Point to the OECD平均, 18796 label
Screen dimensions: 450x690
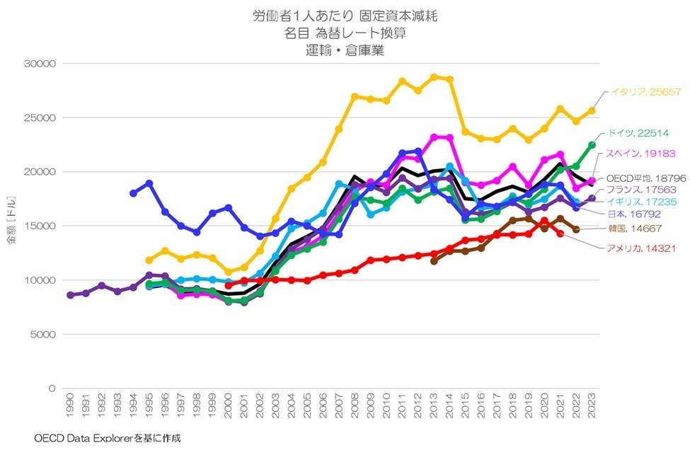[x=645, y=178]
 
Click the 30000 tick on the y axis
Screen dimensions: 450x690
[x=40, y=64]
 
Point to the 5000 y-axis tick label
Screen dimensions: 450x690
[x=43, y=334]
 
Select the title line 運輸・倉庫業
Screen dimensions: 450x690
[x=345, y=50]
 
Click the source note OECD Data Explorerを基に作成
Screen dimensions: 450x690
[x=107, y=438]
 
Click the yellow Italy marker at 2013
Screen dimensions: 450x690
[x=434, y=77]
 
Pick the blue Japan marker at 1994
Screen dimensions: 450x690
[x=133, y=193]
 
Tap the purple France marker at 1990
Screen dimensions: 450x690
[x=70, y=295]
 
